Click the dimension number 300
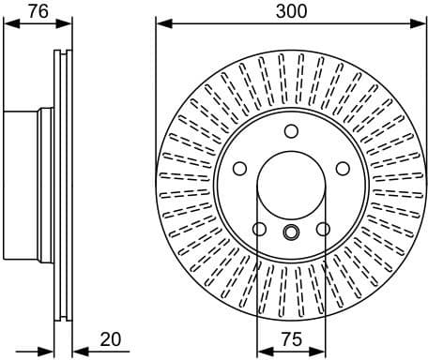290,12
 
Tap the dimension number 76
37,12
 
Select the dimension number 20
111,339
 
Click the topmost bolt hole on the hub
290,131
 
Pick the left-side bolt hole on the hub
239,169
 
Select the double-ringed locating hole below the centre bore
290,232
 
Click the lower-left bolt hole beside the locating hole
258,229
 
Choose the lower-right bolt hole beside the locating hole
323,229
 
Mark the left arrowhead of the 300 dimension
161,25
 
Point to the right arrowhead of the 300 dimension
420,25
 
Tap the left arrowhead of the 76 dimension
8,25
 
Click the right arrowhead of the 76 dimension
67,25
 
